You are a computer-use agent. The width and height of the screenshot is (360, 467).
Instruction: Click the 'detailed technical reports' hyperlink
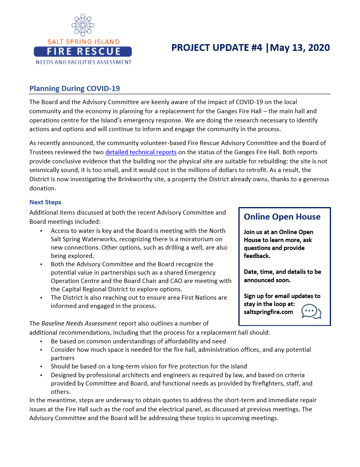click(141, 152)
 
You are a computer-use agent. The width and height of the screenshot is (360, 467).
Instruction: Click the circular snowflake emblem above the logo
click(83, 25)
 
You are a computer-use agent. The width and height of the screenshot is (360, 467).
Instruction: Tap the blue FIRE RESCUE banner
click(83, 51)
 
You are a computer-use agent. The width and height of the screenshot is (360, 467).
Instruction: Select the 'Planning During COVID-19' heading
click(75, 88)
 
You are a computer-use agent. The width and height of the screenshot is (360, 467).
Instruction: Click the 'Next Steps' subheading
click(45, 202)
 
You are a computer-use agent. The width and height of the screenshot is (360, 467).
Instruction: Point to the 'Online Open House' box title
click(282, 217)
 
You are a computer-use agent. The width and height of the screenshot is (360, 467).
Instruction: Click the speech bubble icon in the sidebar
click(311, 311)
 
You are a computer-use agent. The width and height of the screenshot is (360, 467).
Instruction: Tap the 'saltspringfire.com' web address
click(268, 312)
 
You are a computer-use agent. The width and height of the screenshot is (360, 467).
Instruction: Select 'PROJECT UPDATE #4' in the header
click(217, 48)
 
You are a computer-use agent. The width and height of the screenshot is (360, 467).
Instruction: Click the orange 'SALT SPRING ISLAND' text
click(83, 42)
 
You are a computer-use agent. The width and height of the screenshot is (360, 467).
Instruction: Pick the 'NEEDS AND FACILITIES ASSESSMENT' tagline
click(83, 62)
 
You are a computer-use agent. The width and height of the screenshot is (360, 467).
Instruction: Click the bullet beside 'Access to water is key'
click(41, 231)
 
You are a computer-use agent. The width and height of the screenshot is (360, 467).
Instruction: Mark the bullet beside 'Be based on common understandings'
click(41, 341)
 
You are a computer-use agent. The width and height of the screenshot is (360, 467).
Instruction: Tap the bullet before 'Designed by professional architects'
click(41, 375)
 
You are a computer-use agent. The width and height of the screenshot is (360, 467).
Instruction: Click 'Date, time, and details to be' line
click(282, 272)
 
